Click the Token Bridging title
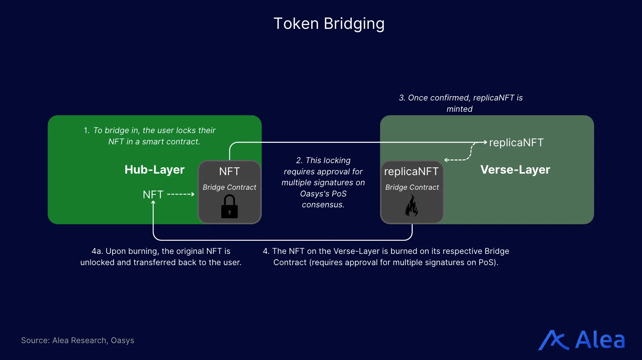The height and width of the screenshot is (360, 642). (x=329, y=24)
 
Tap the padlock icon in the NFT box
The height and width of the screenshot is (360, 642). (x=229, y=207)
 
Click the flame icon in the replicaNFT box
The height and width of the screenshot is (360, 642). (x=411, y=206)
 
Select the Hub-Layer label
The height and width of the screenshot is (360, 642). (x=154, y=169)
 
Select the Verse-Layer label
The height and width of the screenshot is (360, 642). (x=515, y=169)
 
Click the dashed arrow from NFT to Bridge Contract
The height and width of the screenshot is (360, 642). (x=180, y=194)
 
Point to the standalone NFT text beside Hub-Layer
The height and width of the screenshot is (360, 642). (x=153, y=195)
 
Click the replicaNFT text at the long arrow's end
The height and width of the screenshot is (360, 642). (x=516, y=142)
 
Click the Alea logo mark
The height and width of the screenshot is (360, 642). (x=553, y=340)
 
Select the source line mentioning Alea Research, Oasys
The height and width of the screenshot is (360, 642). (x=78, y=340)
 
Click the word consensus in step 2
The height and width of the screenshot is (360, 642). (x=322, y=205)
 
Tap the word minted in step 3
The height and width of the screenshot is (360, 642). (x=459, y=109)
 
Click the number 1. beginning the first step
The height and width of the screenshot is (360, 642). (x=87, y=130)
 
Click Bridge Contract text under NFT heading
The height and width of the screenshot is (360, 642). (x=229, y=187)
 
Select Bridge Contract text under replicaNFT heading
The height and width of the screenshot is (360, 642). (x=412, y=187)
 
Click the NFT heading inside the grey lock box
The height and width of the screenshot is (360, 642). (x=229, y=171)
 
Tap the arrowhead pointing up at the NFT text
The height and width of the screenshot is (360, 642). (x=153, y=202)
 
